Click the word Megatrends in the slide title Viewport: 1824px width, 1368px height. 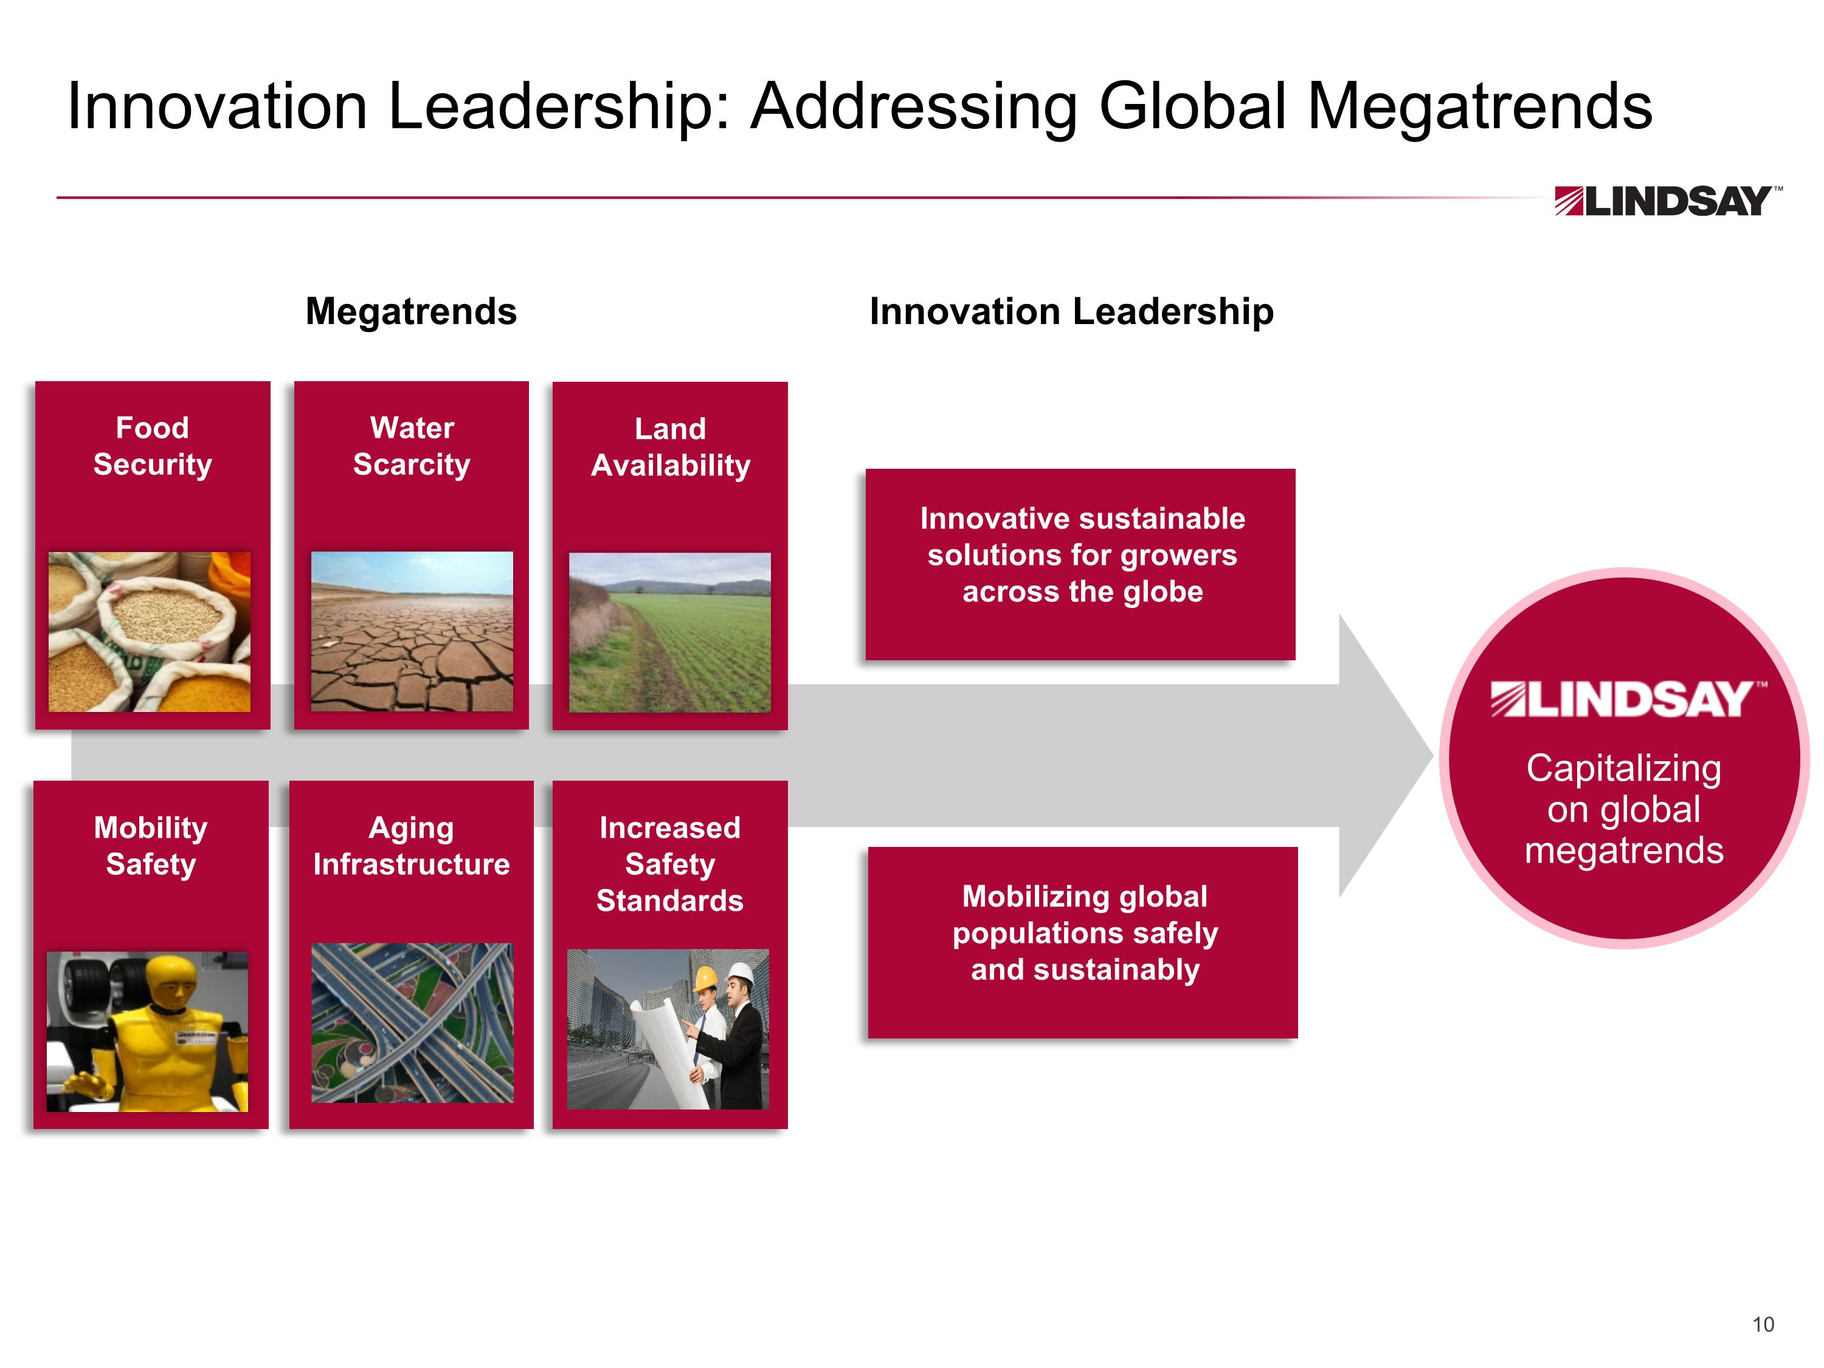tap(1479, 107)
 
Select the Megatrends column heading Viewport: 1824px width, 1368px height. tap(410, 312)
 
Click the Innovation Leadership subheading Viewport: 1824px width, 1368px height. tap(1071, 312)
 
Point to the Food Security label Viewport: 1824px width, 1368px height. tap(153, 446)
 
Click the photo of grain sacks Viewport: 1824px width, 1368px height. tap(149, 632)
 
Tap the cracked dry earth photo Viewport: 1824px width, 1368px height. tap(412, 632)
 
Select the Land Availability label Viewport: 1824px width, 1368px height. tap(671, 447)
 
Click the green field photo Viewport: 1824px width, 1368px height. tap(669, 632)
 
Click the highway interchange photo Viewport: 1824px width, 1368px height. tap(412, 1023)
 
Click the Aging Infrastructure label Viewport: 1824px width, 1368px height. tap(412, 846)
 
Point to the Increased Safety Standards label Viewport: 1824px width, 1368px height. tap(669, 864)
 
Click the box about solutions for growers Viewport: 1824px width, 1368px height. tap(1080, 564)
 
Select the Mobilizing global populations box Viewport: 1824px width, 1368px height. tap(1083, 942)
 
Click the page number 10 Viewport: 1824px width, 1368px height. tap(1763, 1324)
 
